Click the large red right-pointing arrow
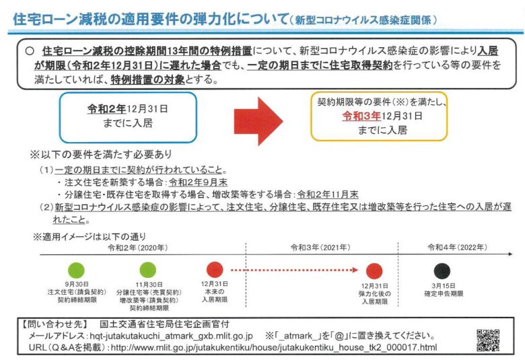(x=258, y=121)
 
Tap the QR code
(x=488, y=340)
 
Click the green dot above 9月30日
(x=76, y=271)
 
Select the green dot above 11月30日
(x=147, y=271)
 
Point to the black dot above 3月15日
(x=442, y=271)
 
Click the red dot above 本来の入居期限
(x=215, y=270)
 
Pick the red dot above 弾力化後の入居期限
(x=374, y=271)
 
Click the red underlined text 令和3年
(x=361, y=116)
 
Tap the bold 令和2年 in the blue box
(x=106, y=109)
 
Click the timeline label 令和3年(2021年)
(x=320, y=248)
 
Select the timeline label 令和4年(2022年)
(x=458, y=247)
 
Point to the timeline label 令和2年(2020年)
(x=137, y=248)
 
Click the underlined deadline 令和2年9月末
(x=198, y=182)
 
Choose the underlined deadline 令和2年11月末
(x=328, y=194)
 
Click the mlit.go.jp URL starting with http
(x=274, y=347)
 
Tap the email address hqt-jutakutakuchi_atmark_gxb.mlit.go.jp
(x=171, y=336)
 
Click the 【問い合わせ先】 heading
(x=55, y=324)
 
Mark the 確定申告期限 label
(x=444, y=293)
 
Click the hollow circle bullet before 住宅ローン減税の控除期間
(x=30, y=50)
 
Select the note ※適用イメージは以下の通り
(x=90, y=237)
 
